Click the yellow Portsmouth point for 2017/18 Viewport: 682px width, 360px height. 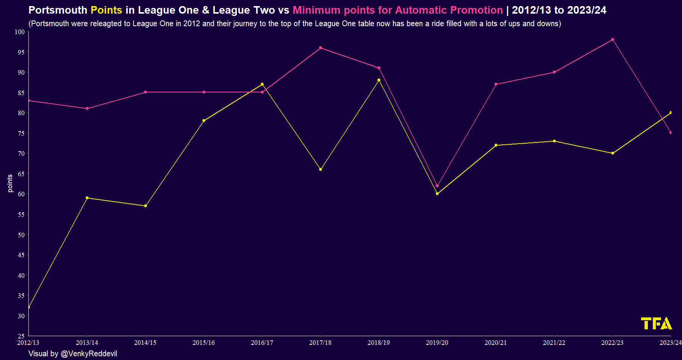321,169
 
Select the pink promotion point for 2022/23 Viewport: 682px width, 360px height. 613,39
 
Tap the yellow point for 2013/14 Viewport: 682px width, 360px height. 87,198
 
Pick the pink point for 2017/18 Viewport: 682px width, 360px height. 321,48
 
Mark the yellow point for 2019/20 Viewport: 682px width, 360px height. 437,194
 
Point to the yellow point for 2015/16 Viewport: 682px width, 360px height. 204,121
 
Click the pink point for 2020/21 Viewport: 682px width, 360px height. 496,84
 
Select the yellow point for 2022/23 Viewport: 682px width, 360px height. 613,153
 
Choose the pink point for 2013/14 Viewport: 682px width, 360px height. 87,108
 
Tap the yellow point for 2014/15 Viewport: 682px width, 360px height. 145,206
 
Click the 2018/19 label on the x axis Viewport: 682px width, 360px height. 379,343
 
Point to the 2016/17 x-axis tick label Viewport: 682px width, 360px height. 262,343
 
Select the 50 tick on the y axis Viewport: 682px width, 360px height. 21,235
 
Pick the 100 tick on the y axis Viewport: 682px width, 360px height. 20,32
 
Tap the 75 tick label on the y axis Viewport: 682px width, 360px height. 21,133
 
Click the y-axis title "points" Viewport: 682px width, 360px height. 10,183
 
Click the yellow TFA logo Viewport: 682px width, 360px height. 656,324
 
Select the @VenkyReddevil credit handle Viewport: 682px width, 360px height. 89,354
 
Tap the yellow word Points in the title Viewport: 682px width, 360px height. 106,10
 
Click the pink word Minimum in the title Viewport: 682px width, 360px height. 316,10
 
